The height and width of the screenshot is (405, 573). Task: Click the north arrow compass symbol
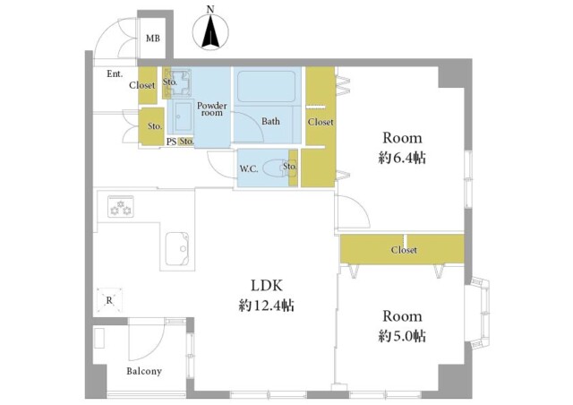tap(210, 30)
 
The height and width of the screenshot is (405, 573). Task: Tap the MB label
tap(153, 38)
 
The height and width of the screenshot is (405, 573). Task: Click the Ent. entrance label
tap(115, 73)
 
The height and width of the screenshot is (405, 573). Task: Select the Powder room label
tap(212, 109)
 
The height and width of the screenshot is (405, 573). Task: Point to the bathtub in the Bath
tap(267, 87)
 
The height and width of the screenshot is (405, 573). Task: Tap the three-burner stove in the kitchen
tap(120, 207)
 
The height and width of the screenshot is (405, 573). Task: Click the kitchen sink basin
tap(177, 249)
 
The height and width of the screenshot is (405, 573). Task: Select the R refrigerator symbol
tap(109, 300)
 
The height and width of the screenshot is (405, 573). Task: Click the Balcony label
tap(144, 371)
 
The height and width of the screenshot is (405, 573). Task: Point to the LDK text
tap(266, 285)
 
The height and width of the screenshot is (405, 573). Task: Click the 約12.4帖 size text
tap(267, 306)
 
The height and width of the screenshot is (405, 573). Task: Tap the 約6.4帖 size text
tap(402, 158)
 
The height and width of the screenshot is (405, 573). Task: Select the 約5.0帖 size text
tap(402, 336)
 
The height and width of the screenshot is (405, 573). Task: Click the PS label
tap(171, 142)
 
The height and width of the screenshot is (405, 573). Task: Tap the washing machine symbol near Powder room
tap(177, 83)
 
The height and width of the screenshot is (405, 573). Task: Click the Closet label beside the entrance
tap(142, 85)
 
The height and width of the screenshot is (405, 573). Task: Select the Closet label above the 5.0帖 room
tap(404, 250)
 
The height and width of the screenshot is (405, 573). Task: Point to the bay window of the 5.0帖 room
tap(480, 314)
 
